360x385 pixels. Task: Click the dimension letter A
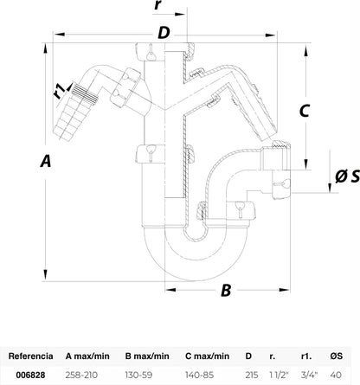[x=46, y=160]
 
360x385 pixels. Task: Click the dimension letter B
[x=226, y=290]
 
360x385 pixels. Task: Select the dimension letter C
[x=305, y=111]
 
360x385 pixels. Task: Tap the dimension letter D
[x=164, y=33]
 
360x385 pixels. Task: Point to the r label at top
[x=157, y=5]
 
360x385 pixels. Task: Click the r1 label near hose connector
[x=59, y=91]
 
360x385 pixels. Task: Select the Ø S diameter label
[x=347, y=176]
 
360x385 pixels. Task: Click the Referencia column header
[x=30, y=356]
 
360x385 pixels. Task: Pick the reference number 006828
[x=30, y=375]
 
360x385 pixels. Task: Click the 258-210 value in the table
[x=81, y=375]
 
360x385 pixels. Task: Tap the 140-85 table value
[x=200, y=375]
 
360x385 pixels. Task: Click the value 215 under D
[x=252, y=375]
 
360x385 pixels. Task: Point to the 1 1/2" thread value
[x=279, y=375]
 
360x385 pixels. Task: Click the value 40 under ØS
[x=336, y=375]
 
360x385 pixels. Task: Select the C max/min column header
[x=207, y=356]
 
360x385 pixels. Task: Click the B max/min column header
[x=147, y=356]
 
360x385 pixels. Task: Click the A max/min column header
[x=87, y=356]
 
